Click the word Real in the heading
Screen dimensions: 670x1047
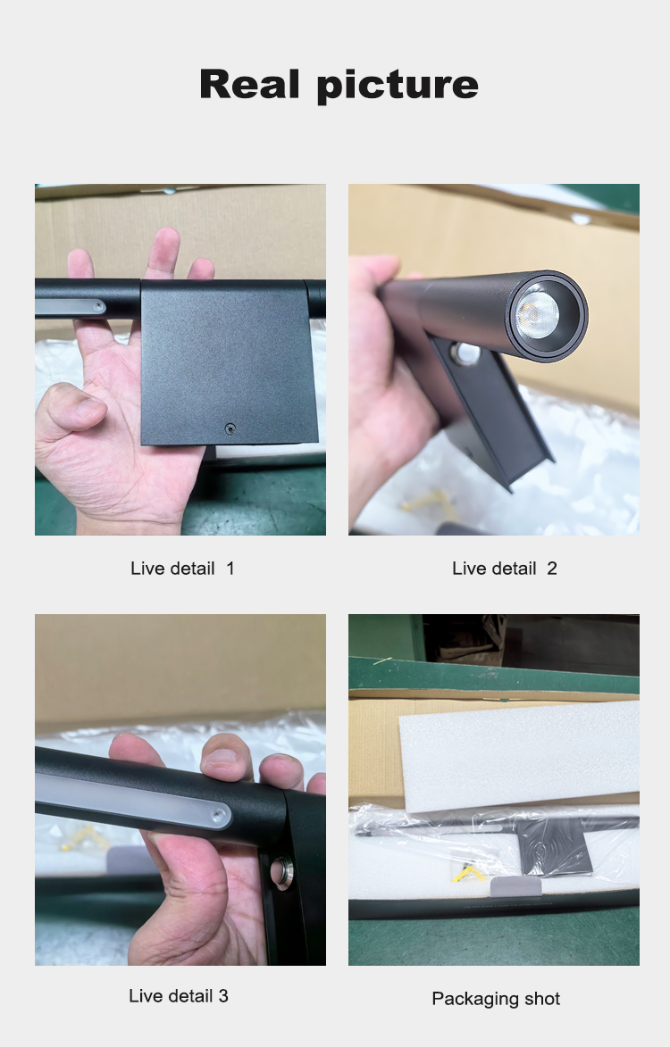pos(249,84)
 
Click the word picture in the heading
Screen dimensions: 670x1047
pos(398,87)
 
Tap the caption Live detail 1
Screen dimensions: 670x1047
pos(182,569)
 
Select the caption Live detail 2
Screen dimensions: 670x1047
pos(505,569)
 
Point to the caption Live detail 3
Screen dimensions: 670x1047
pos(179,995)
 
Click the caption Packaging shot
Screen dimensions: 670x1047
pos(496,999)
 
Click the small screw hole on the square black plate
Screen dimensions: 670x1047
pos(230,428)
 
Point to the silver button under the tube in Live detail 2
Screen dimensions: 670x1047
pos(465,353)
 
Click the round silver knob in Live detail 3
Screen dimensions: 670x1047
pos(281,873)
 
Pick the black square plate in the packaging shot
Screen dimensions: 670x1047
pos(555,844)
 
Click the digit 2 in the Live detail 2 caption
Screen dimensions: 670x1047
pos(552,569)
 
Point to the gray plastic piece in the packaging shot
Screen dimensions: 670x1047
pos(515,886)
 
